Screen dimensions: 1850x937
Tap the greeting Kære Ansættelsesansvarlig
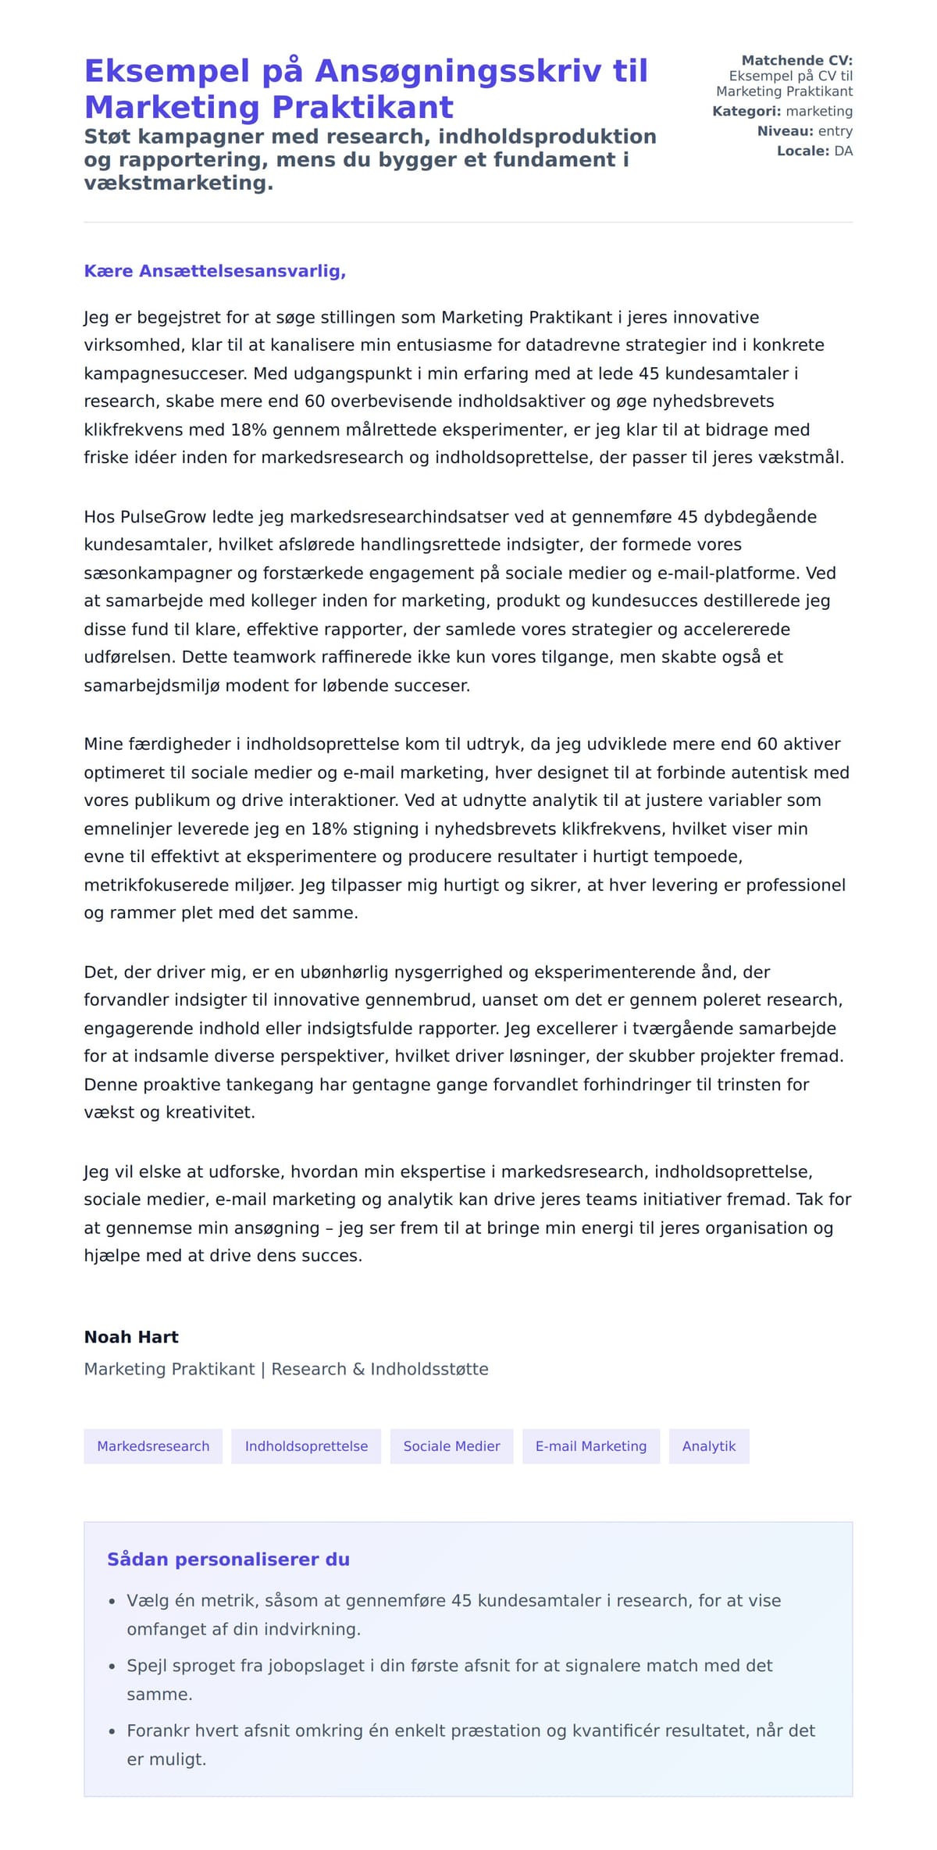tap(215, 271)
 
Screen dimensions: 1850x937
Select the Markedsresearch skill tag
tap(153, 1446)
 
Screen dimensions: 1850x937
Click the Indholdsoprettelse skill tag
tap(306, 1446)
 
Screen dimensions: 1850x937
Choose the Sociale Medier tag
tap(451, 1446)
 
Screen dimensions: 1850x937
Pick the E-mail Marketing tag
tap(591, 1446)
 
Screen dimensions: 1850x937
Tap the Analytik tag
tap(709, 1446)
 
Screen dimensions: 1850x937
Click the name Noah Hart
tap(131, 1337)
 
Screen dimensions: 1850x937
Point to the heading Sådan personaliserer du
tap(228, 1559)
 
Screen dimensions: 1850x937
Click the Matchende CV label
tap(796, 60)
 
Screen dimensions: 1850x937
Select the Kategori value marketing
tap(819, 111)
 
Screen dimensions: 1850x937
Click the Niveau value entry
tap(835, 131)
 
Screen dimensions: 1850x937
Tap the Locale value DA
tap(843, 151)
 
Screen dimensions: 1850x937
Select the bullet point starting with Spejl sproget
tap(449, 1666)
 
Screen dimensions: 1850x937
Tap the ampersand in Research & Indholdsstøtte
tap(358, 1370)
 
